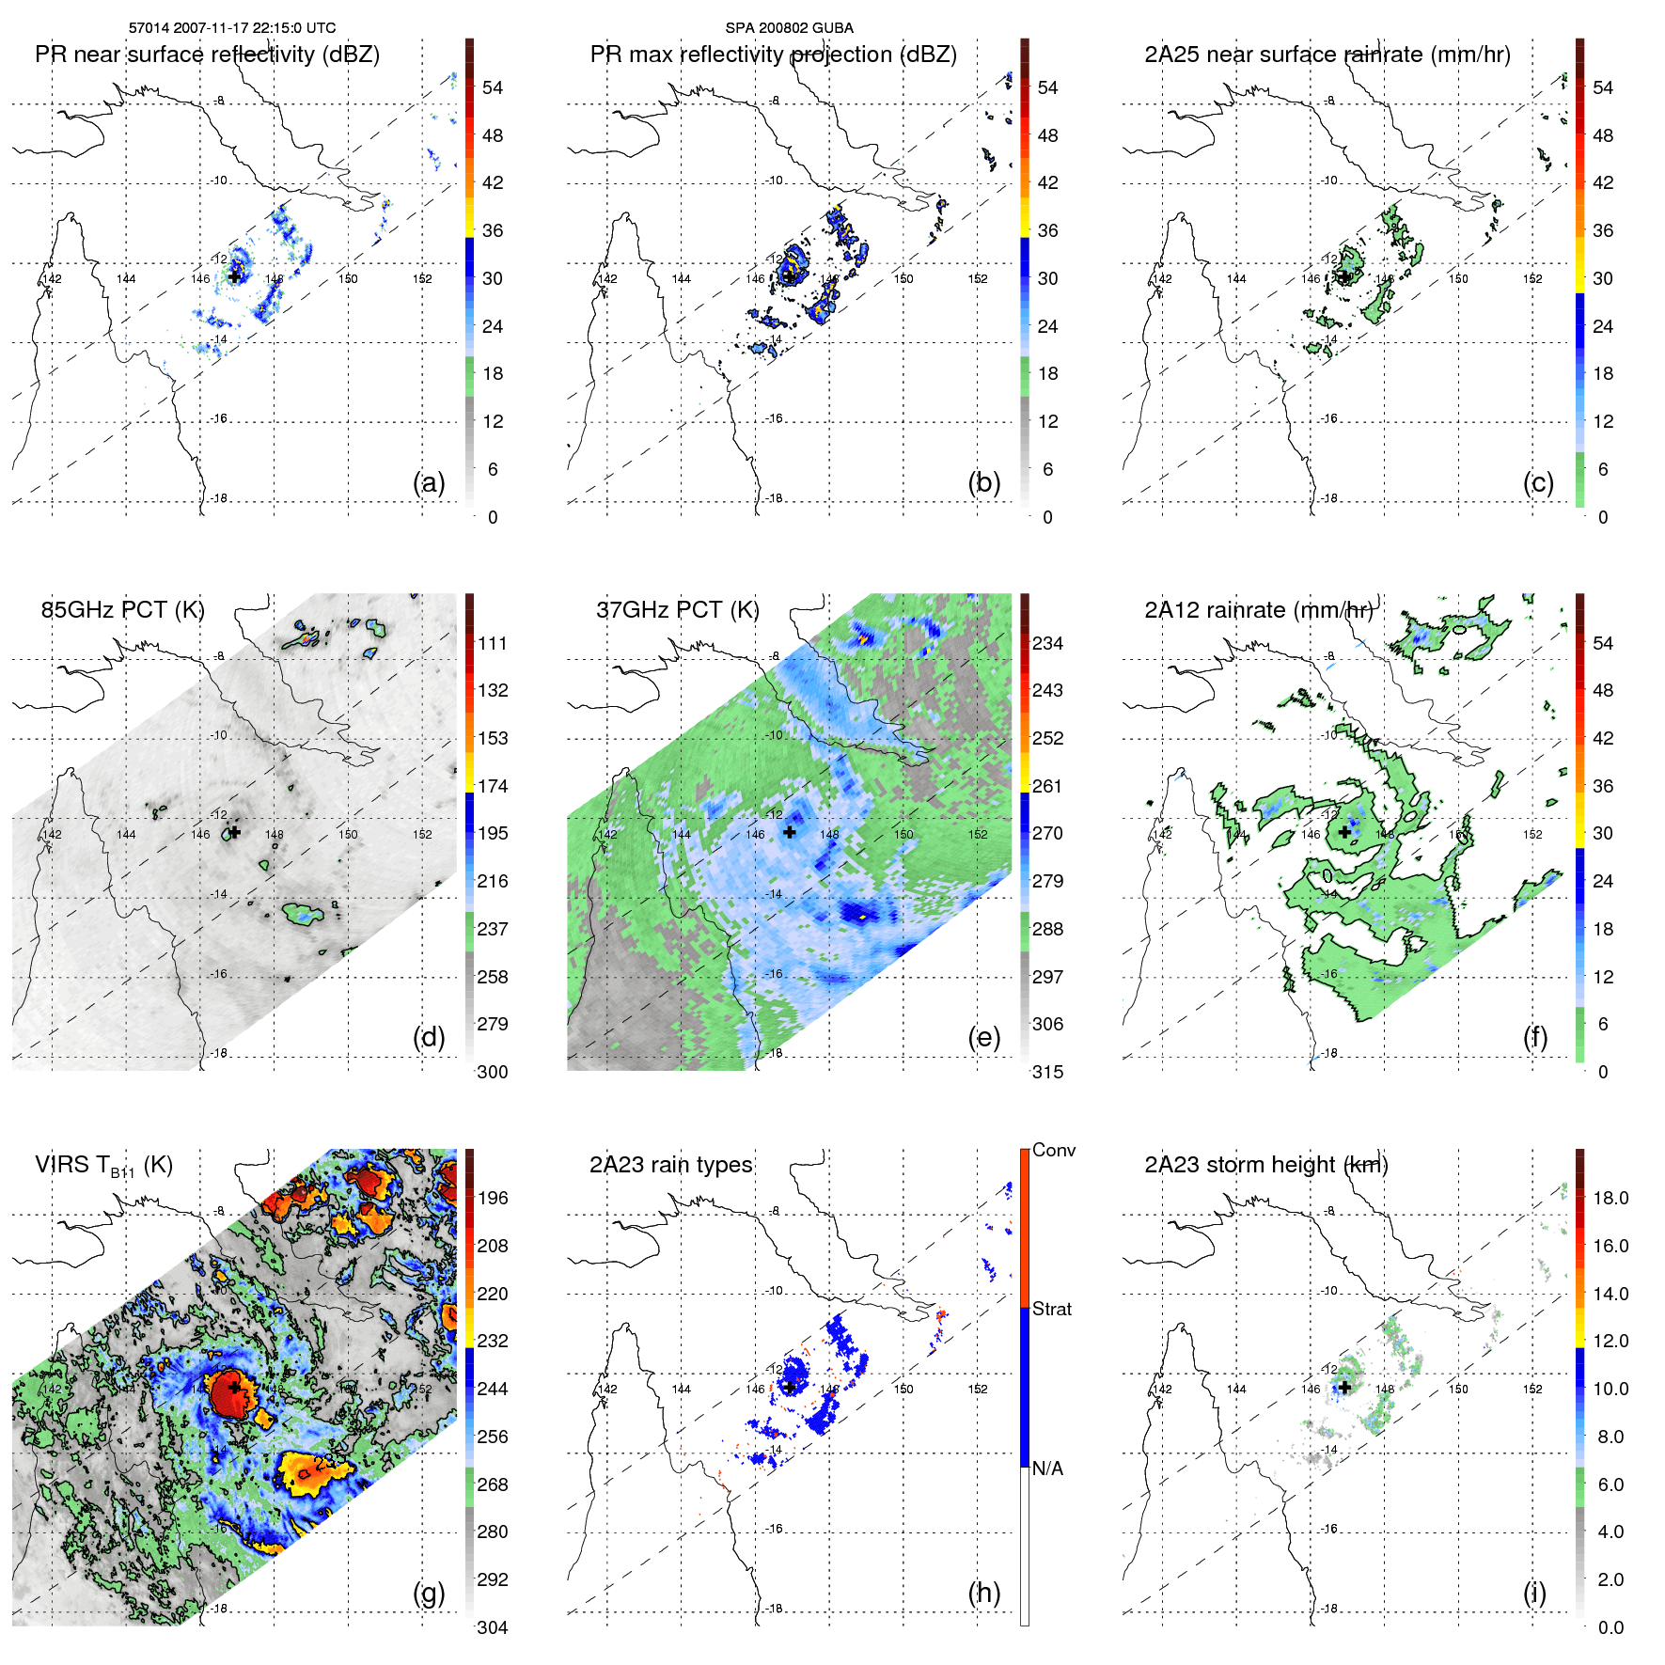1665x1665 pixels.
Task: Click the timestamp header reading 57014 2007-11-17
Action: coord(231,28)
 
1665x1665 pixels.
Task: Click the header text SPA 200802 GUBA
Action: coord(789,28)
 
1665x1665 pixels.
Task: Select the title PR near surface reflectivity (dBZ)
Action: coord(207,55)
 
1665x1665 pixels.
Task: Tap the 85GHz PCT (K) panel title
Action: coord(122,610)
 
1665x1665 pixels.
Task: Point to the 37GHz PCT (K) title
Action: coord(677,610)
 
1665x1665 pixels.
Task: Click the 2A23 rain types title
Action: coord(670,1165)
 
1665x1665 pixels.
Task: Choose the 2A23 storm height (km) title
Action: coord(1265,1165)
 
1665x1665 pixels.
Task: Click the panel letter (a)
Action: coord(429,482)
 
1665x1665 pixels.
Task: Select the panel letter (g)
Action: coord(429,1593)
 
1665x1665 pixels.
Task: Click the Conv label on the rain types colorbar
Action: coord(1054,1150)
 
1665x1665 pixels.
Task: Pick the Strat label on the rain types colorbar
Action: coord(1052,1309)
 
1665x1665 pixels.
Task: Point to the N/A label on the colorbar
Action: coord(1047,1469)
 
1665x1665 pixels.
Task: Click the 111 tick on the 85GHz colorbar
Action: coord(493,643)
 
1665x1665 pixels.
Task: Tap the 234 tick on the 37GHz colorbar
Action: coord(1047,643)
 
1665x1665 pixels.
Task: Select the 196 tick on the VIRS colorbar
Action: coord(493,1198)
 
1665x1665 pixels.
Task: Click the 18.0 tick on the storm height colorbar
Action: coord(1610,1198)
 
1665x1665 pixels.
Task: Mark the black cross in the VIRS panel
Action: coord(234,1387)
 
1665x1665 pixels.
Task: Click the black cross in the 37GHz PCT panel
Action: coord(790,832)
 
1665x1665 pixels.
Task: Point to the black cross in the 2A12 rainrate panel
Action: coord(1344,832)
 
